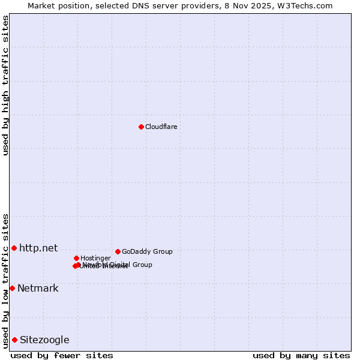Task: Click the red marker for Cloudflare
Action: (141, 127)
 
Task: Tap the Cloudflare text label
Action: (161, 127)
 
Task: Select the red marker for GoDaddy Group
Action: (118, 251)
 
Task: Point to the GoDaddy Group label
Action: (147, 251)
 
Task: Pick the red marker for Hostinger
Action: (76, 258)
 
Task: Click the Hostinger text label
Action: (95, 258)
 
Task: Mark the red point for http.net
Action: (14, 248)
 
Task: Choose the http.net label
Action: (38, 248)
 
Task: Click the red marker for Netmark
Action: (12, 288)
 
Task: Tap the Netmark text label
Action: (38, 288)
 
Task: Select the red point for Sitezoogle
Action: (14, 340)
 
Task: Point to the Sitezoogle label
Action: (44, 340)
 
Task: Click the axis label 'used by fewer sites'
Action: (62, 355)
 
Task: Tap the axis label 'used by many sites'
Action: (301, 355)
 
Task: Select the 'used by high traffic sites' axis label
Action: (5, 85)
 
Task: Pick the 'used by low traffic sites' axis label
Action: (5, 280)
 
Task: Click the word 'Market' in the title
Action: (42, 5)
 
